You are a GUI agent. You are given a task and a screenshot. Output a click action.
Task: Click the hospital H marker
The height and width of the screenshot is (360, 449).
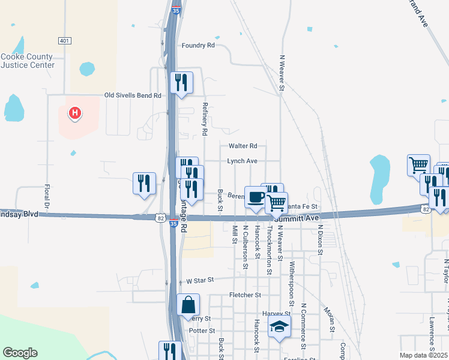click(75, 112)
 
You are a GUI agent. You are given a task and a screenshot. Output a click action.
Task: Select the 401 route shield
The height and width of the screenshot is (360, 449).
click(65, 40)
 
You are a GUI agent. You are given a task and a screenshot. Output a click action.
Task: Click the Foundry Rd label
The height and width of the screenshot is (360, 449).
click(198, 46)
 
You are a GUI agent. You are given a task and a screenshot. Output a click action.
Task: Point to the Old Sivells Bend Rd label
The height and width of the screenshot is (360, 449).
click(133, 95)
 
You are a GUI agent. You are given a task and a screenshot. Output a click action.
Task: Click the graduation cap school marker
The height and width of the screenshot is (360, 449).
click(280, 328)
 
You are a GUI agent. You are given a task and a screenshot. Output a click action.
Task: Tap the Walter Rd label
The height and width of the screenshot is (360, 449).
click(243, 146)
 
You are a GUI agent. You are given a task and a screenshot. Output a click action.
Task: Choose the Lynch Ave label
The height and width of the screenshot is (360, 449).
click(242, 161)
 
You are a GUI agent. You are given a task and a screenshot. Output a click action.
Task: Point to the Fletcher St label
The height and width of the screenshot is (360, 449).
click(245, 295)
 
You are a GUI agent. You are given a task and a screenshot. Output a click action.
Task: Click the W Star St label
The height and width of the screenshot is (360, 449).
click(200, 281)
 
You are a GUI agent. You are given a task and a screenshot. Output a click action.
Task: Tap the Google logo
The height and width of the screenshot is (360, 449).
click(20, 353)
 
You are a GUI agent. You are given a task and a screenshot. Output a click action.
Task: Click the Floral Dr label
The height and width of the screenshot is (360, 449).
click(46, 197)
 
